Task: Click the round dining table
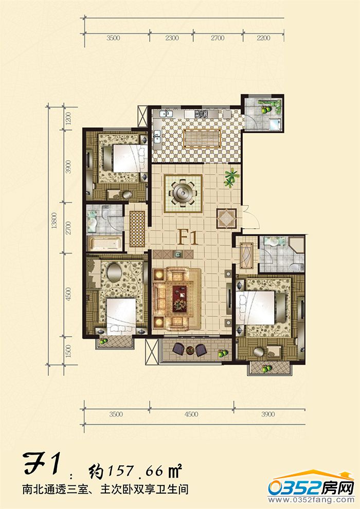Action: [183, 193]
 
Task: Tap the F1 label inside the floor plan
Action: [188, 238]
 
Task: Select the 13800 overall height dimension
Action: [55, 221]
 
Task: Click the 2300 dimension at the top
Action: [172, 38]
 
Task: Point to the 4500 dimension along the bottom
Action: [191, 414]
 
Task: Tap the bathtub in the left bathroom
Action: [105, 243]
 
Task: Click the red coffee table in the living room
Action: [179, 299]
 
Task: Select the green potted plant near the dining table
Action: [231, 177]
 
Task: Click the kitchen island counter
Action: [202, 139]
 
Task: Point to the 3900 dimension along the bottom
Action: [268, 414]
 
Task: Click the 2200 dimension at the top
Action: [263, 38]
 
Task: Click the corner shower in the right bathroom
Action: [296, 247]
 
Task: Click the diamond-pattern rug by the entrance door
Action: [226, 219]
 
